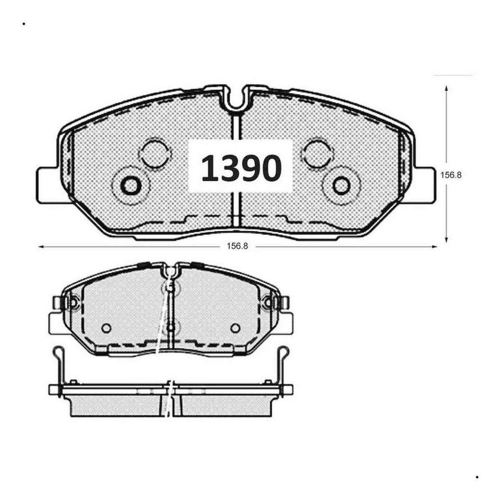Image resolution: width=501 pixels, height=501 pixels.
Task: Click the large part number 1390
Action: [241, 168]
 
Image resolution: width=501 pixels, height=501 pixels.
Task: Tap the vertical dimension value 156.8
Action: [451, 175]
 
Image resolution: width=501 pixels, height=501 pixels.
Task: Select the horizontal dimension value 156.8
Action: [238, 246]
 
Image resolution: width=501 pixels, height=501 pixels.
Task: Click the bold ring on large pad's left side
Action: [131, 185]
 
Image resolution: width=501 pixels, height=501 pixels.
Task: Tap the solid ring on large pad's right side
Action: [341, 185]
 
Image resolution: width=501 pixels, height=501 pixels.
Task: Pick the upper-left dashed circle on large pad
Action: [155, 153]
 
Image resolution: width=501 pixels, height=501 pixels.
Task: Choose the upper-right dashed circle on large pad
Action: [316, 153]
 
